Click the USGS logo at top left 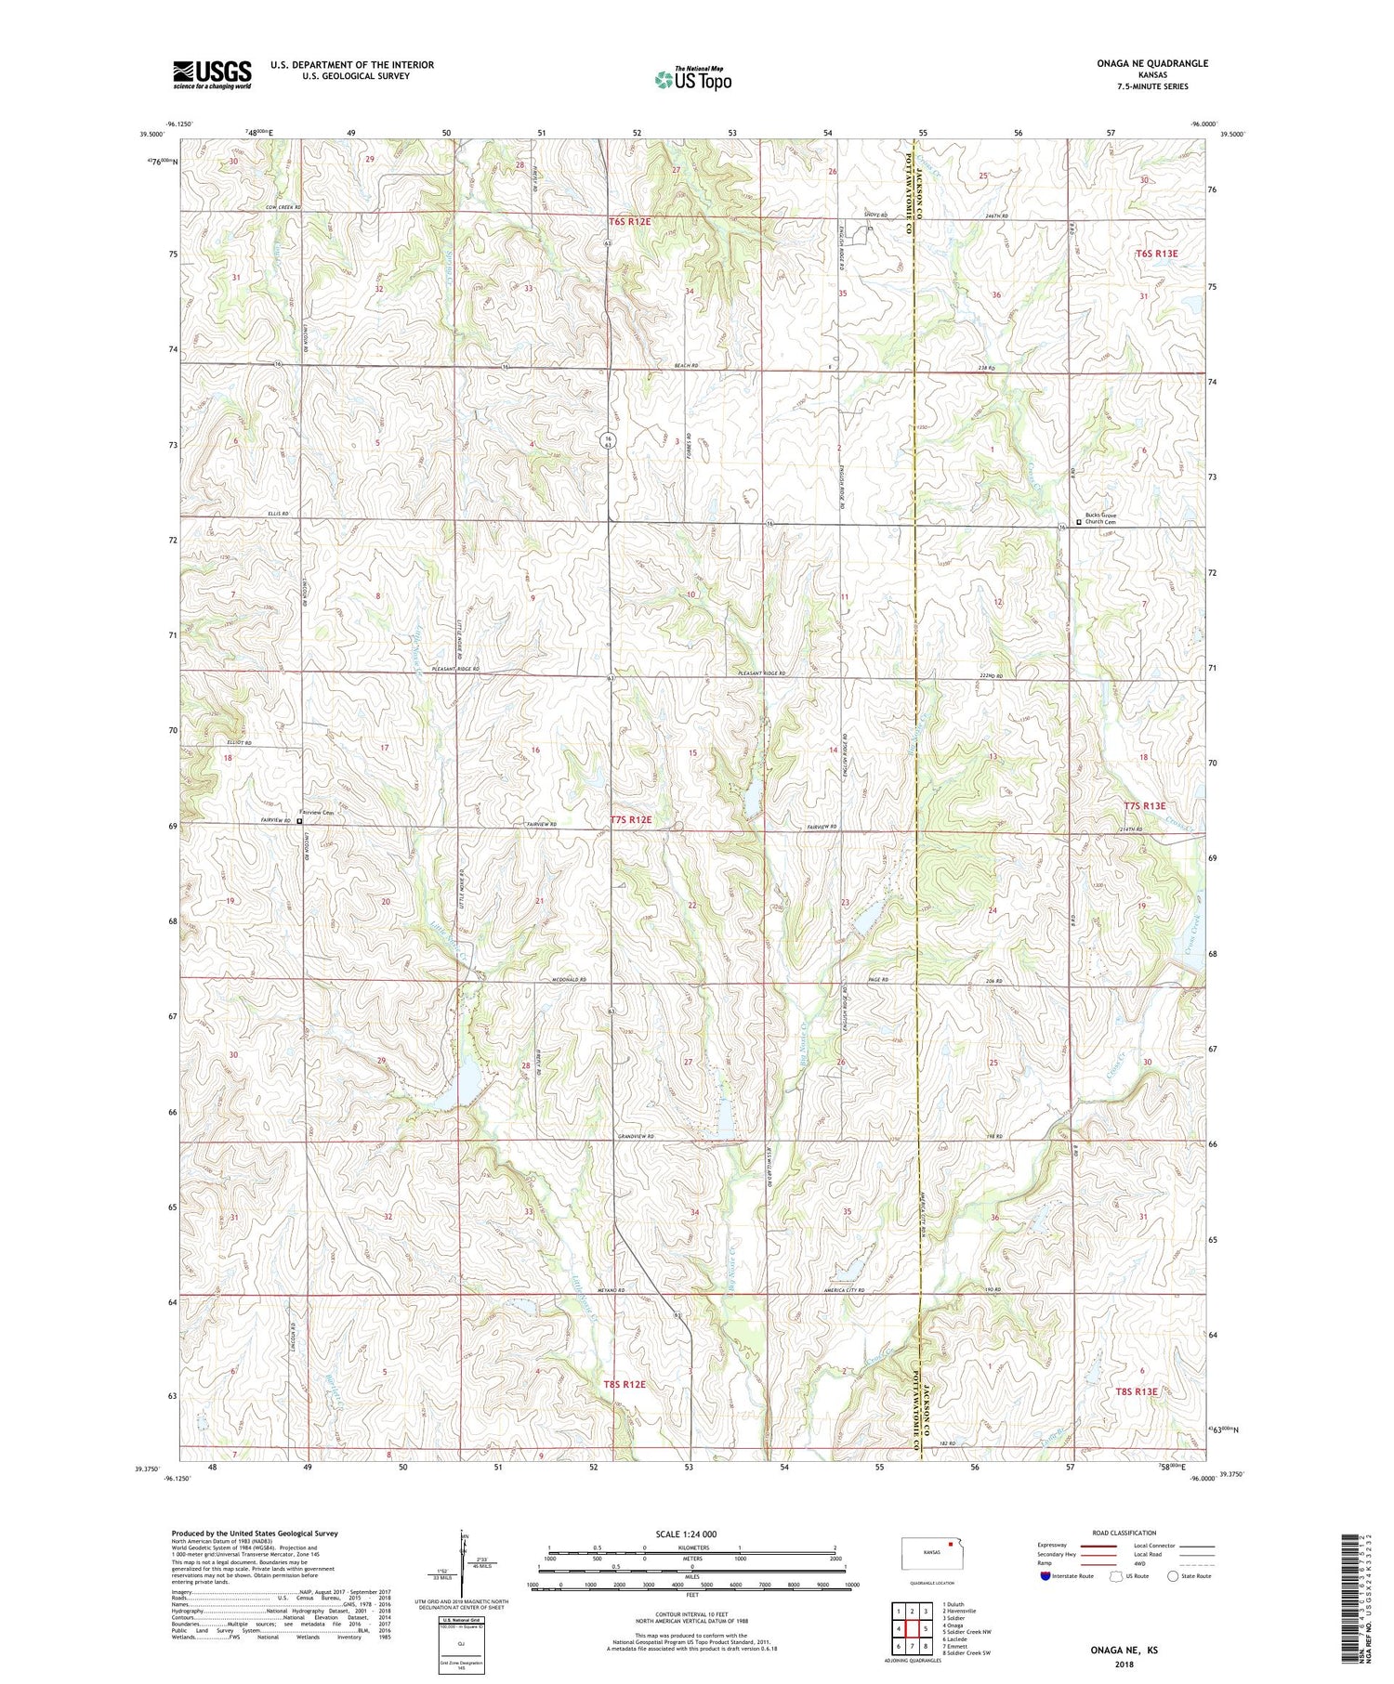[x=212, y=74]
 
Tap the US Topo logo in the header [x=693, y=80]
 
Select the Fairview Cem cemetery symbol [x=300, y=821]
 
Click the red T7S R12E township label [x=631, y=819]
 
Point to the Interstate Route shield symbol [x=1046, y=1576]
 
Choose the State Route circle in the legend [x=1174, y=1576]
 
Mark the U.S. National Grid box [x=461, y=1645]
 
